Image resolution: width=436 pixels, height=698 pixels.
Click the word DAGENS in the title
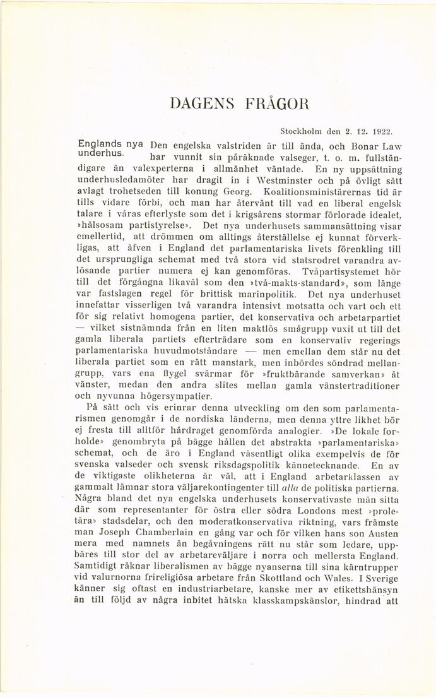point(196,104)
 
